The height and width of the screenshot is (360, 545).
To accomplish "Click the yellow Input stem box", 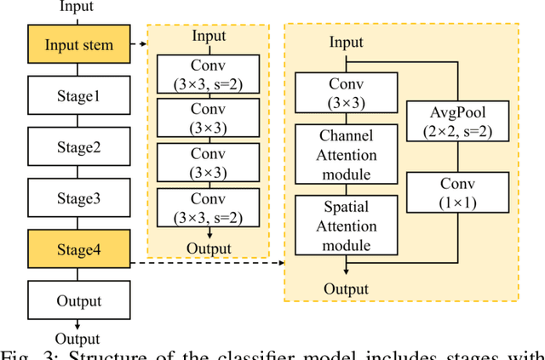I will click(78, 44).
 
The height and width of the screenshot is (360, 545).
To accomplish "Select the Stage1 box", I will click(78, 96).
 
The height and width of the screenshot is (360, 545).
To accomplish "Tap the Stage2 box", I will click(78, 147).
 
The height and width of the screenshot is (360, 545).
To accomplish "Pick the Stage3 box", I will click(78, 198).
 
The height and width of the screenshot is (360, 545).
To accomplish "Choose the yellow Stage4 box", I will click(78, 249).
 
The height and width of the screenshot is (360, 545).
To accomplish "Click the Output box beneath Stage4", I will click(78, 300).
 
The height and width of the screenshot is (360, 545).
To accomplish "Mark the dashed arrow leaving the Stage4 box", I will click(204, 262).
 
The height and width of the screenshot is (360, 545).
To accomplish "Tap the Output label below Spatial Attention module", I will click(346, 289).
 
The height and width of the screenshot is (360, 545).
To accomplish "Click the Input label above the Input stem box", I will click(78, 8).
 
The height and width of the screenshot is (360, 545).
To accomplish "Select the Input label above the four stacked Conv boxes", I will click(209, 36).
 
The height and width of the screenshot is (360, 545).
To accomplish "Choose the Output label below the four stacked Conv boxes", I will click(209, 249).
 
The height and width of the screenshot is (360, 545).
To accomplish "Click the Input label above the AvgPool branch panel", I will click(346, 43).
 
